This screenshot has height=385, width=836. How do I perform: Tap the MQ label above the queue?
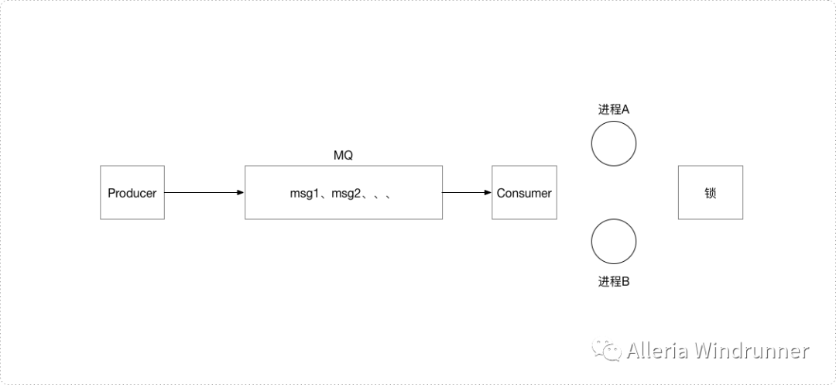(x=343, y=156)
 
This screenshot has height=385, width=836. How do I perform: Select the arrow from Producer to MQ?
(x=201, y=193)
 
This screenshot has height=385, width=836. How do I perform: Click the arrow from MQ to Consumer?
(x=464, y=193)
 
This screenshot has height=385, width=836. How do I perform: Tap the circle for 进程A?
(x=613, y=143)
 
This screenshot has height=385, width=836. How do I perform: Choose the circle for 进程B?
(x=613, y=242)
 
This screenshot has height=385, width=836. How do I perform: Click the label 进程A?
(x=613, y=110)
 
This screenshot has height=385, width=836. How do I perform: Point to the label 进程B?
(x=613, y=282)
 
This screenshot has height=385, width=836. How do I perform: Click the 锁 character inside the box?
(x=710, y=193)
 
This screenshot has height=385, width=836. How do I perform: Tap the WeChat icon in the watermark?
(x=607, y=351)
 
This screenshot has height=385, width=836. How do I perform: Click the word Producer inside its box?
(x=132, y=193)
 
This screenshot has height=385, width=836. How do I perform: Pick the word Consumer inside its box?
(x=524, y=193)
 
